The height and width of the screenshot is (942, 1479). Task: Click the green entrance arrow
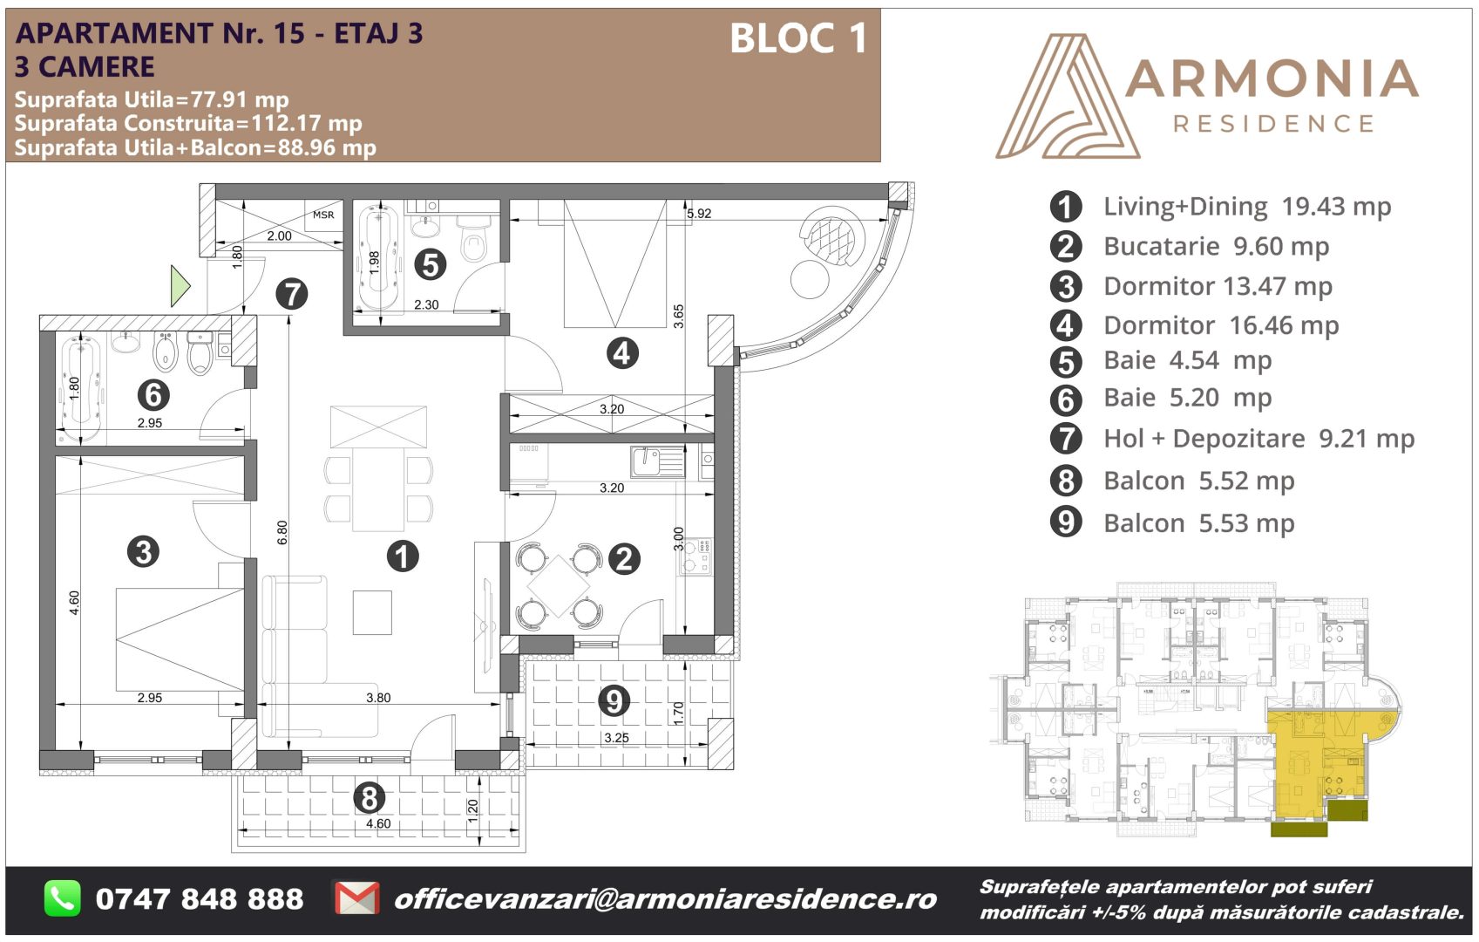pos(179,285)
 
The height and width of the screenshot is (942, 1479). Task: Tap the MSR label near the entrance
pos(323,215)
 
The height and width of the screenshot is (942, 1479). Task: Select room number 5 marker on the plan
pos(431,265)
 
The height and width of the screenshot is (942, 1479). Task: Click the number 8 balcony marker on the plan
pos(369,798)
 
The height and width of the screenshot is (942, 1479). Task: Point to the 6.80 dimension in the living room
pos(282,532)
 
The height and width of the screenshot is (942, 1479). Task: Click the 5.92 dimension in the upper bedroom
pos(699,214)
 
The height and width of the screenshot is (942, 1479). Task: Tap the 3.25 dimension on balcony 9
pos(617,738)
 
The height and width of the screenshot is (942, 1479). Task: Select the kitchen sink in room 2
pos(658,461)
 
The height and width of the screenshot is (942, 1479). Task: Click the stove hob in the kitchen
pos(695,556)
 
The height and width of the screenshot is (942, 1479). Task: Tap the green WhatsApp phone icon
pos(62,898)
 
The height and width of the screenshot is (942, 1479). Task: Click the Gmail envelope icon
pos(357,898)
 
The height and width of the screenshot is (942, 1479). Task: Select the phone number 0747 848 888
pos(200,899)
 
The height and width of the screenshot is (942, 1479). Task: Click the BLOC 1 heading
pos(798,38)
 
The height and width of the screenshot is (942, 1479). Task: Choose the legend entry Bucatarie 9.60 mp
pos(1216,246)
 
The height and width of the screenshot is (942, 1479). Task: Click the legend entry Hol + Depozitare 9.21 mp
pos(1259,439)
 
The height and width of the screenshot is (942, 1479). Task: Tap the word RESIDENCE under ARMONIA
pos(1273,124)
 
